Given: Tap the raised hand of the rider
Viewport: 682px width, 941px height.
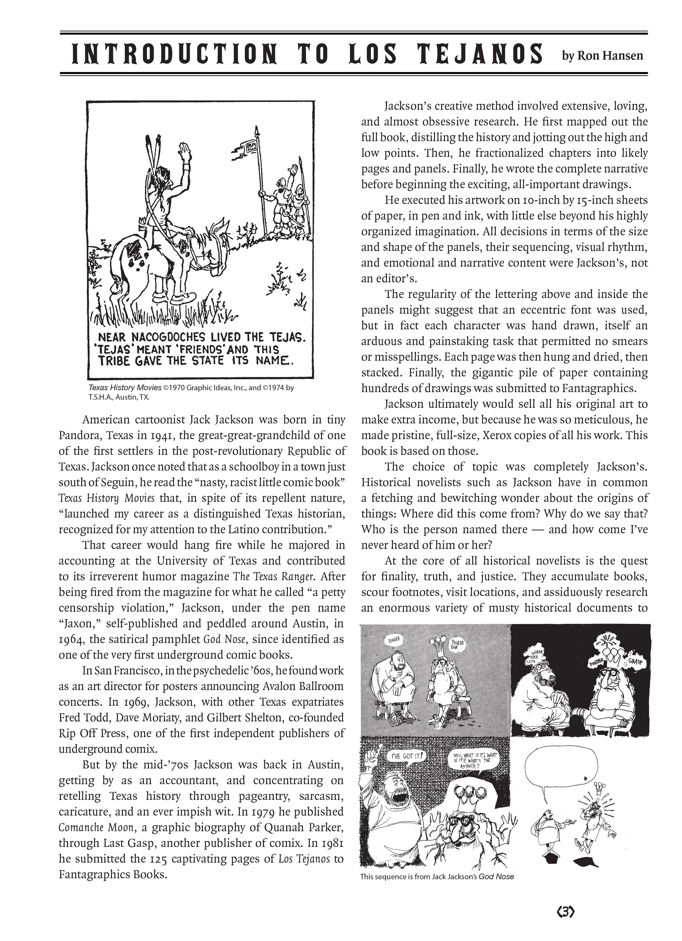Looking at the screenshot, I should click(x=184, y=151).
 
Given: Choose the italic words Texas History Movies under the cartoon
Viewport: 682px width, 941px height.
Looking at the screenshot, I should click(x=125, y=388).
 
